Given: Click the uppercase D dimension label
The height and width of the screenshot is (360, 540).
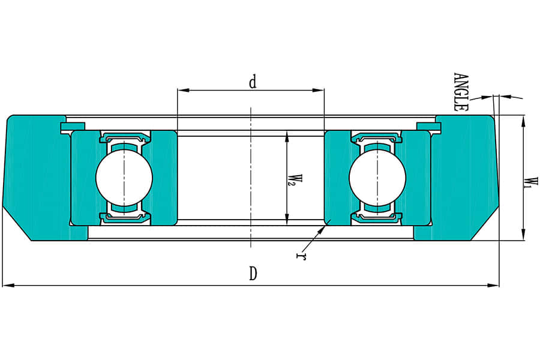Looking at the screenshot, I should [253, 274].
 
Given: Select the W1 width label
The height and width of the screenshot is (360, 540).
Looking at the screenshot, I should [529, 182].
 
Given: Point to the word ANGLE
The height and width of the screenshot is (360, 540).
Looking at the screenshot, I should [460, 92].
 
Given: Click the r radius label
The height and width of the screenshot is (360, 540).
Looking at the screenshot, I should [298, 256].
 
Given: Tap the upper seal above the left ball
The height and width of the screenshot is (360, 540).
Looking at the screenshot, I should [124, 139].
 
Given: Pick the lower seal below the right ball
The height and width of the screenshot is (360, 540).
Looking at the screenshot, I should [377, 215].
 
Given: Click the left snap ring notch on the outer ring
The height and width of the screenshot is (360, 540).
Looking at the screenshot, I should [72, 126].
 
